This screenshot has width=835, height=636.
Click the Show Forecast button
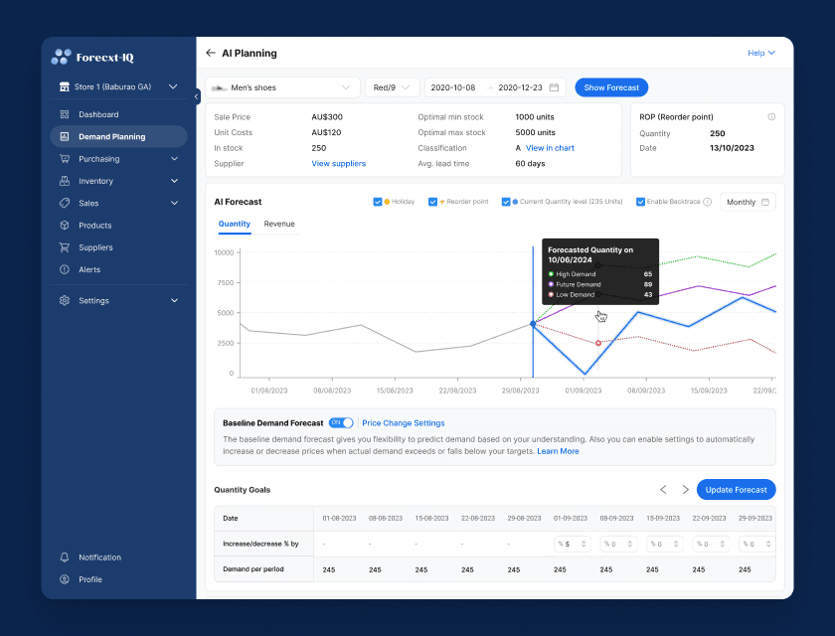611,87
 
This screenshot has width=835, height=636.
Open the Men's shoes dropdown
283,87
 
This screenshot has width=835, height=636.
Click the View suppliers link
338,163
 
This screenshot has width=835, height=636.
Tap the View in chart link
550,148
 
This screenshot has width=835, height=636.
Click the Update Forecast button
736,489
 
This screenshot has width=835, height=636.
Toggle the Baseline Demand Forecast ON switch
341,423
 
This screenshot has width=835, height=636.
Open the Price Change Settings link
404,423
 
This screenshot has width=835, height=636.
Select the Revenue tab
279,224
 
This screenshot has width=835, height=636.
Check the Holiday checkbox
378,202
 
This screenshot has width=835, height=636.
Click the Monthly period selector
748,202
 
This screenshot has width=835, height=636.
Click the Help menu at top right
760,53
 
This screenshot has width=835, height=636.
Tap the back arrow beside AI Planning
211,53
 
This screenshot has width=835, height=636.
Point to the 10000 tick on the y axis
224,252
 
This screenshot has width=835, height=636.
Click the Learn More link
558,451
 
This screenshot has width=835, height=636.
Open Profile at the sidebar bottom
89,579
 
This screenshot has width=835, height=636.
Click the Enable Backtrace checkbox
640,202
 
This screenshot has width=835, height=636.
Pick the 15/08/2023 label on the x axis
395,391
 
